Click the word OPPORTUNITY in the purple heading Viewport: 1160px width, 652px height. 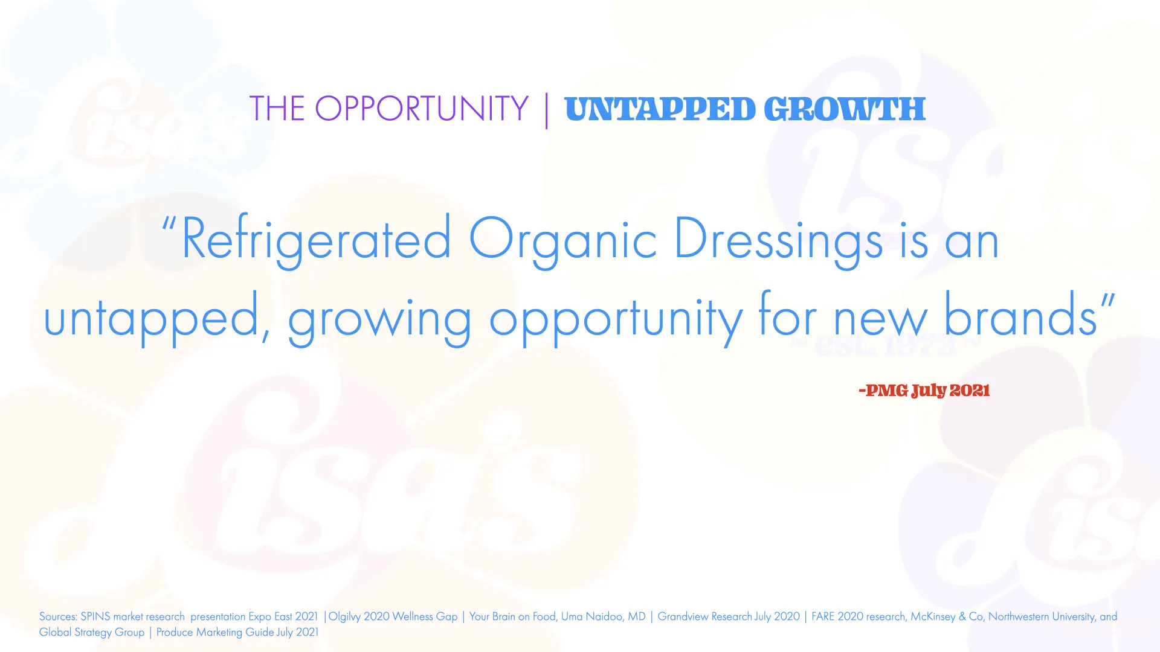click(422, 109)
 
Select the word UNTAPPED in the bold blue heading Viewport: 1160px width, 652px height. click(660, 109)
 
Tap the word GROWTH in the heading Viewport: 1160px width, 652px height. click(845, 109)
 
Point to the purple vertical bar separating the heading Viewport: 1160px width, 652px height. click(547, 110)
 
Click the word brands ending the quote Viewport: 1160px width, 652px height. click(1020, 314)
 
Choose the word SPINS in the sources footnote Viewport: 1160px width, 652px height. click(95, 616)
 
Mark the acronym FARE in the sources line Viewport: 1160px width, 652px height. click(823, 616)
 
